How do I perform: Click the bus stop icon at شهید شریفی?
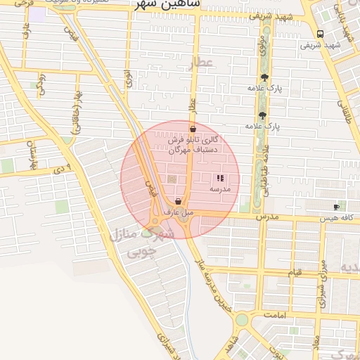(321, 34)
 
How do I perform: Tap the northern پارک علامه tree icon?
(264, 77)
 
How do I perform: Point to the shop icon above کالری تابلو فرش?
(193, 129)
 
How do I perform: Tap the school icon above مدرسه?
(220, 179)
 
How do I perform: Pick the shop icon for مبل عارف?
(178, 201)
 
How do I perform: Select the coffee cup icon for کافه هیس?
(336, 207)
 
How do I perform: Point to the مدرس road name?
(268, 217)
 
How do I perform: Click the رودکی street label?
(41, 84)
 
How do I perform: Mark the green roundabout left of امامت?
(242, 320)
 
